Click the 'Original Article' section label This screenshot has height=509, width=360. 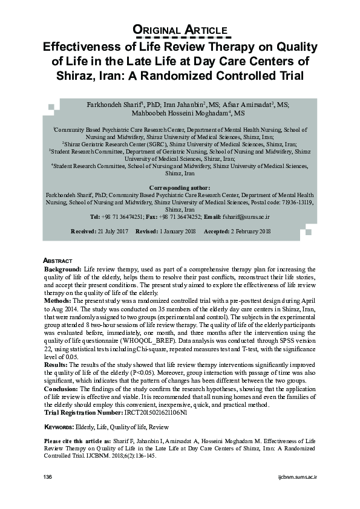coord(180,30)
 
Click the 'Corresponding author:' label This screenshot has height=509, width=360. coord(180,189)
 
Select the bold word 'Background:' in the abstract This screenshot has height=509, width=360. coord(64,268)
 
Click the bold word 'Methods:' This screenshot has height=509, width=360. coord(59,300)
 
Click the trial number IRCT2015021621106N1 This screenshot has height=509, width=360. coord(160,413)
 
